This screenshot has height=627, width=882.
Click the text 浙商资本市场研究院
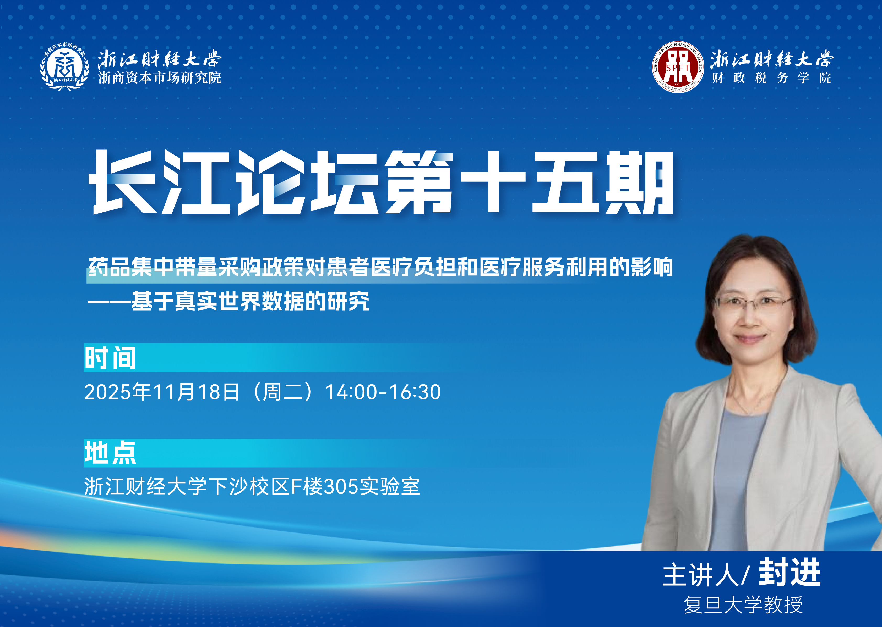pos(160,77)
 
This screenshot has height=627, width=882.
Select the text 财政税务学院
pos(771,77)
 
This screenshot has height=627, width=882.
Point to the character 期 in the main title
pos(639,182)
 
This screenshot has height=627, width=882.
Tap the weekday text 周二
pos(283,392)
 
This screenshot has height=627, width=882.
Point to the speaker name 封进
pos(789,573)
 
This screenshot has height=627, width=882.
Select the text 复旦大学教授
pos(743,604)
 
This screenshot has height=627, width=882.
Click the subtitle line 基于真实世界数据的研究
pos(250,301)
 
